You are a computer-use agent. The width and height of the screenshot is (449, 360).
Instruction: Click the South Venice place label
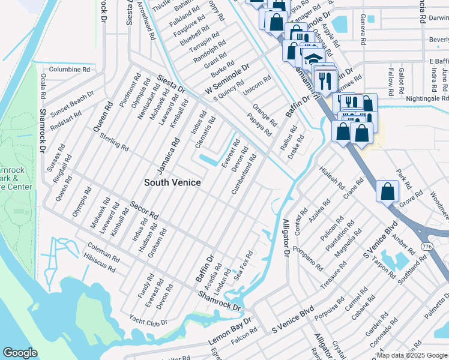pyautogui.click(x=172, y=182)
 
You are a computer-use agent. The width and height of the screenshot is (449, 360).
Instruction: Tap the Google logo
pyautogui.click(x=20, y=353)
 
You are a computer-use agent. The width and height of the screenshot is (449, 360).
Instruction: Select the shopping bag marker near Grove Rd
pyautogui.click(x=388, y=191)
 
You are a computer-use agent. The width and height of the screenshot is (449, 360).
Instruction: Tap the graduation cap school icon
pyautogui.click(x=313, y=60)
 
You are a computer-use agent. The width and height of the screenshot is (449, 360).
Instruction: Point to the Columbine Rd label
pyautogui.click(x=69, y=70)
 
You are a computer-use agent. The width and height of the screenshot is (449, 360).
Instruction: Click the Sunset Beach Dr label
pyautogui.click(x=73, y=103)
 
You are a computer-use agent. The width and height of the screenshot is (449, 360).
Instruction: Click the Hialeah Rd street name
pyautogui.click(x=331, y=178)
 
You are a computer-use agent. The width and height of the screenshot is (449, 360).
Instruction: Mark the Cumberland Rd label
pyautogui.click(x=244, y=174)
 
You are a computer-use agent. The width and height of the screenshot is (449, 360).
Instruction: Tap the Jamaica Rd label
pyautogui.click(x=168, y=153)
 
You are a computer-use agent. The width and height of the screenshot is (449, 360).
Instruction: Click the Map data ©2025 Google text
pyautogui.click(x=412, y=355)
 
